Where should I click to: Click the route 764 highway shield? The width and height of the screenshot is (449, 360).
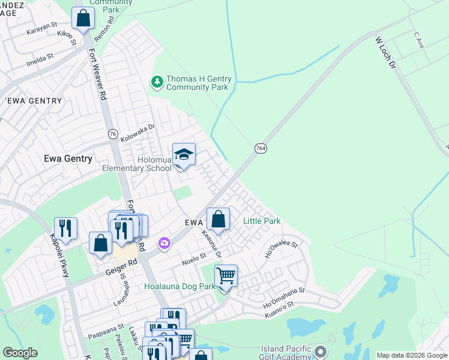click(260, 148)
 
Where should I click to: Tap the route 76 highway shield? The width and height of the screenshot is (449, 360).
click(113, 134)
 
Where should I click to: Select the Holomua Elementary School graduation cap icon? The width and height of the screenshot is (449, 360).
click(184, 155)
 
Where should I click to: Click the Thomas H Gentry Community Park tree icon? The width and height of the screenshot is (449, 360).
click(157, 81)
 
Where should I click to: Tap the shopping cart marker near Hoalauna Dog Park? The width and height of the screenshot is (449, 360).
click(226, 277)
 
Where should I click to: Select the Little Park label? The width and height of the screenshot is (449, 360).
click(262, 221)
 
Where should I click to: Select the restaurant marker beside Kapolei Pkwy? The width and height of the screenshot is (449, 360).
click(65, 229)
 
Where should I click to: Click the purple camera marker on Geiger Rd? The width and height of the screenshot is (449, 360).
click(164, 243)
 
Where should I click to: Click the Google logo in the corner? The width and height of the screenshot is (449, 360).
click(20, 353)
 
